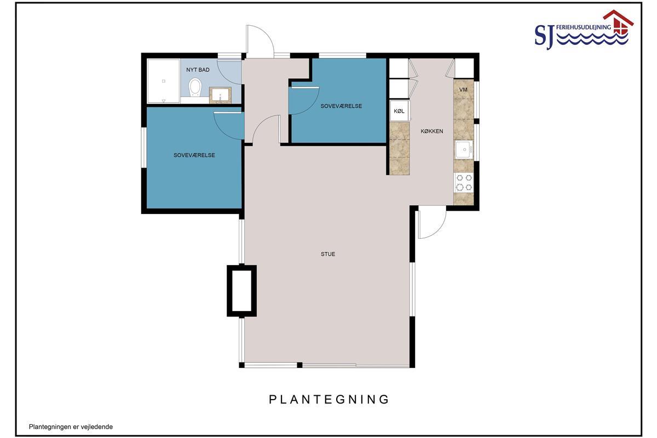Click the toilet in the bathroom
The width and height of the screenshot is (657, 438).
point(195,87)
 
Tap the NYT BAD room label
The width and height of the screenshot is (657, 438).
point(198,70)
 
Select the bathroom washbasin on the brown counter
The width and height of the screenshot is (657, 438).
point(220,95)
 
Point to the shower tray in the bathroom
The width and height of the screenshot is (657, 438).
point(163,81)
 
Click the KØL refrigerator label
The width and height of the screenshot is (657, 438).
point(399,111)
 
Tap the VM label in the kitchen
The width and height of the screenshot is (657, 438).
point(463,89)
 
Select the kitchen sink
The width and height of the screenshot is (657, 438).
point(464,150)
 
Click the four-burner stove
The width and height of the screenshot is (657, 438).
point(464,182)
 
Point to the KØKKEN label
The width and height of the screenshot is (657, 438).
point(432,131)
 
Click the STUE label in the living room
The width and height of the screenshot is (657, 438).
point(328,254)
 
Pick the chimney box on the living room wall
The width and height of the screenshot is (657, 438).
point(241,291)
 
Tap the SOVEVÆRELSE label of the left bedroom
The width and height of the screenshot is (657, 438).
point(194,155)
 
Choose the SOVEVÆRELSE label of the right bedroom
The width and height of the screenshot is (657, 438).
point(341,106)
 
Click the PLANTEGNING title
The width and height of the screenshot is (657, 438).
point(329,399)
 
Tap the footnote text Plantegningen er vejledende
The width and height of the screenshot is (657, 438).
point(71,427)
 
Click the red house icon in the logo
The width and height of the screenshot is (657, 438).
point(618,22)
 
